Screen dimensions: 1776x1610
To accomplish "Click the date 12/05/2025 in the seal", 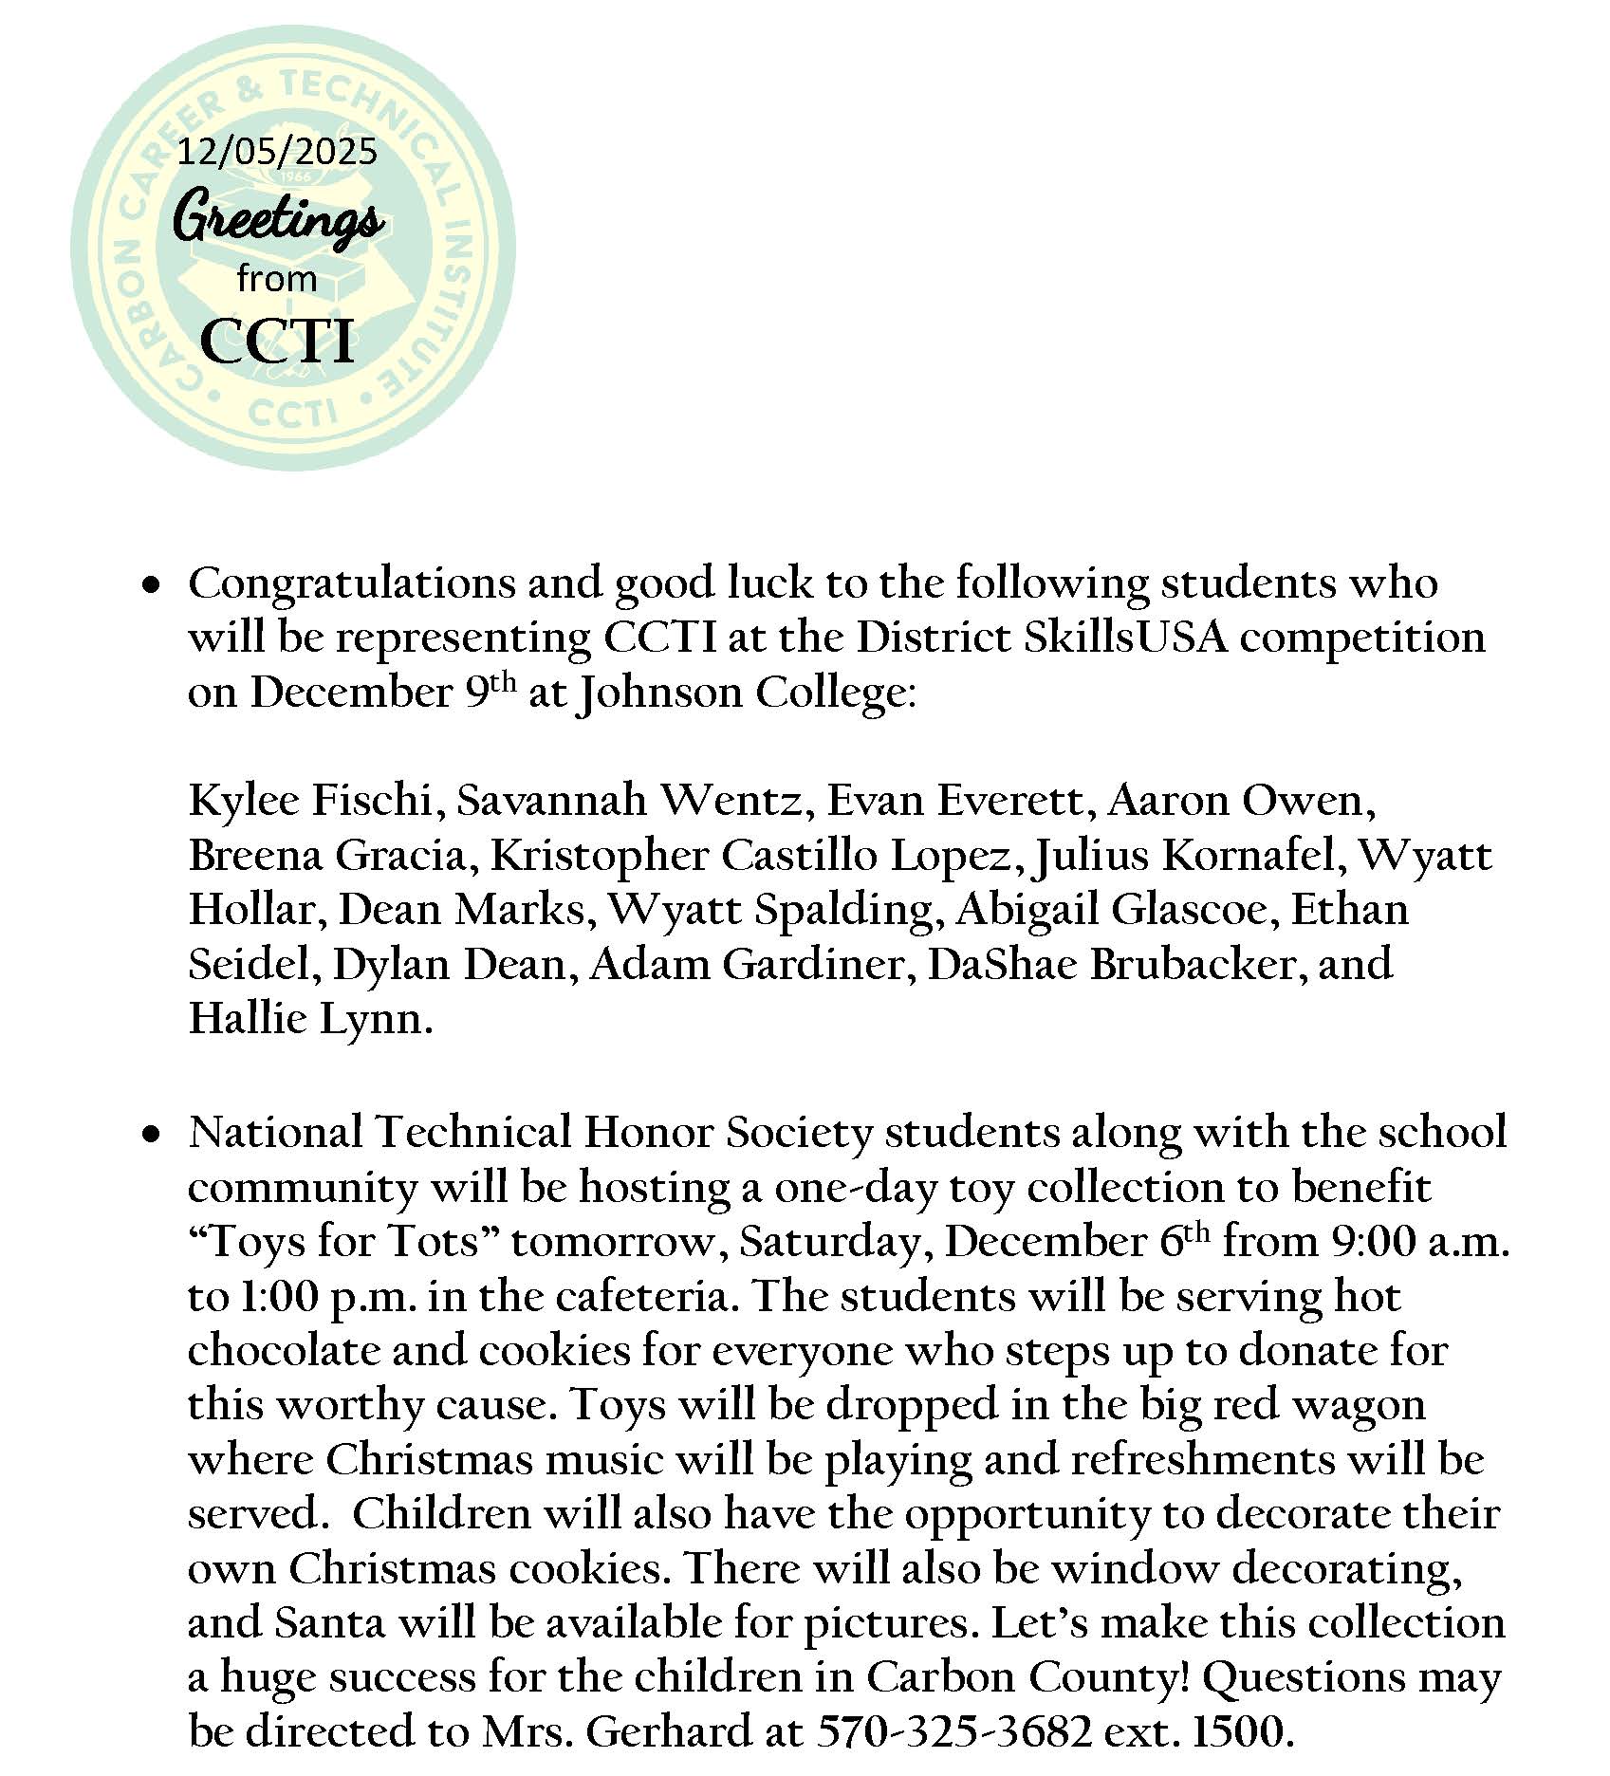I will click(x=278, y=151).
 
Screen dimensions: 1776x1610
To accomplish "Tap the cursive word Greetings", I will click(x=279, y=219).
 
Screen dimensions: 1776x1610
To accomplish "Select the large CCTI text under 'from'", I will click(x=277, y=341).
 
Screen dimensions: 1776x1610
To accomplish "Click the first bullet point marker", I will click(x=150, y=588).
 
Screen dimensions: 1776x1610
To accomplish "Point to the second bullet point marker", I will click(x=150, y=1135).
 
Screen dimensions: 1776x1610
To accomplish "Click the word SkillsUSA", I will click(x=1125, y=638).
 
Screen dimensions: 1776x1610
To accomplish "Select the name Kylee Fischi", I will click(x=310, y=801).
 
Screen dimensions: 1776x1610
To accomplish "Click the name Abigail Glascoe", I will click(x=1111, y=910).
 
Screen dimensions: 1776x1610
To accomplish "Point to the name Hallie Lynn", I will click(x=310, y=1020).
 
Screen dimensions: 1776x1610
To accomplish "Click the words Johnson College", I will click(x=745, y=693).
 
